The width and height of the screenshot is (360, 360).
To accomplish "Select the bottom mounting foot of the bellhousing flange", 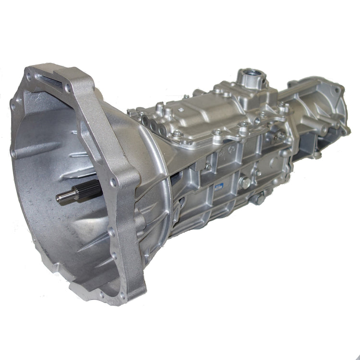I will pyautogui.click(x=96, y=288).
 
